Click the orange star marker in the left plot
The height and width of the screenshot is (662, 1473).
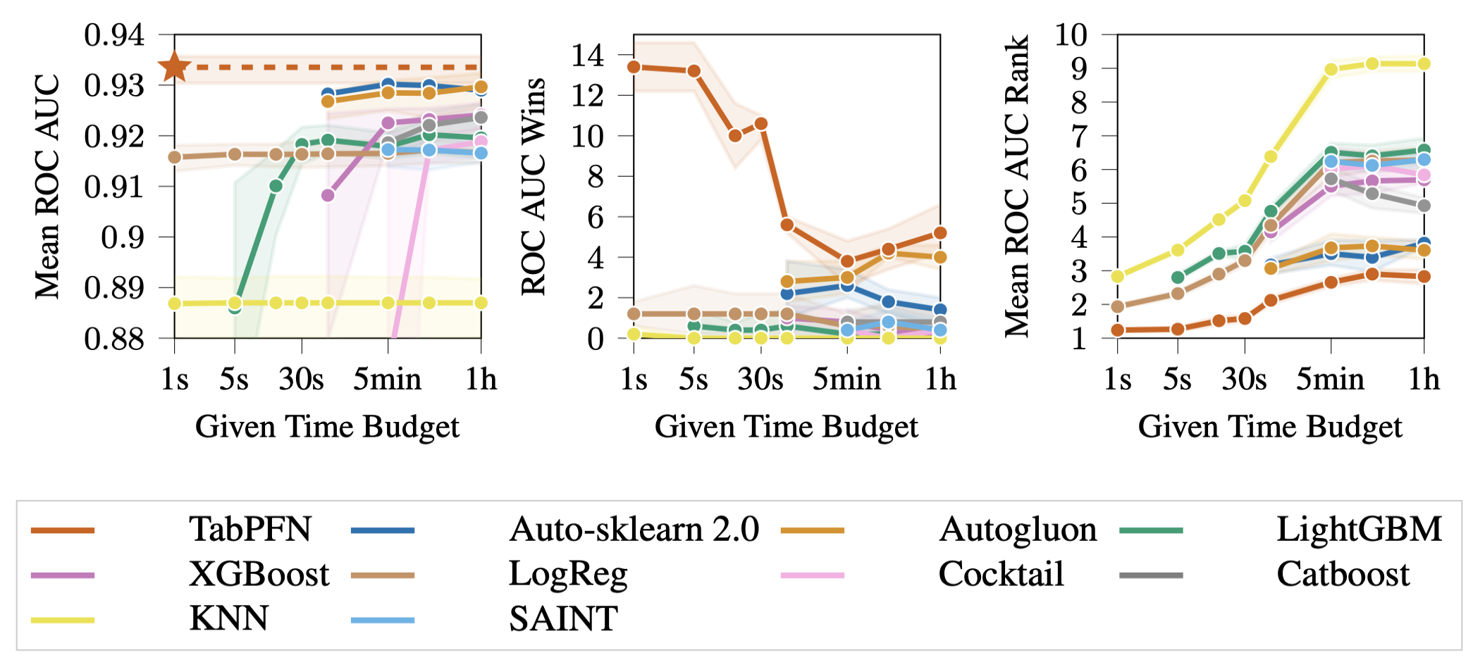[175, 68]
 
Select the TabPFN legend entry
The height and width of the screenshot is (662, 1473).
[249, 530]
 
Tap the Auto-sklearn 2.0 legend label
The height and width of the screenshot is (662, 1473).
[634, 530]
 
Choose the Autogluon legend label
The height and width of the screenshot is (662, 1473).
[1018, 530]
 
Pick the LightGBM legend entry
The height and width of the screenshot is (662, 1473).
[1359, 530]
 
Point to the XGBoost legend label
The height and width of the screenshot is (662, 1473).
[259, 575]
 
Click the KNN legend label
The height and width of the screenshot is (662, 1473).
[228, 619]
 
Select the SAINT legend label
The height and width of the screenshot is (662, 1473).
[563, 619]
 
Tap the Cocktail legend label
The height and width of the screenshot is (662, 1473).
[1001, 575]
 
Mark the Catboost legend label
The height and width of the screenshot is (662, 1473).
[1343, 575]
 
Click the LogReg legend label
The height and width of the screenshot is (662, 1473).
[568, 575]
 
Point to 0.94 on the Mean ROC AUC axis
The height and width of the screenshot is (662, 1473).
[114, 35]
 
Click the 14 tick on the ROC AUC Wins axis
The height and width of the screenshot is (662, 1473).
[588, 55]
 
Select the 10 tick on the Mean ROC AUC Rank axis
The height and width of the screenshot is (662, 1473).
[1071, 35]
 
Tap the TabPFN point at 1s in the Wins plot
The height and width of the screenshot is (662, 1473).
[634, 67]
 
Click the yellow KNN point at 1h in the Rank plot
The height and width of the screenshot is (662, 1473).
[1424, 64]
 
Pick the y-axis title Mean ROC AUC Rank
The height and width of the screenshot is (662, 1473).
[1017, 186]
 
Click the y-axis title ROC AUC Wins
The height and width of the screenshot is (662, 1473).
[534, 186]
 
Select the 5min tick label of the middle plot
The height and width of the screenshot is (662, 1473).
[846, 380]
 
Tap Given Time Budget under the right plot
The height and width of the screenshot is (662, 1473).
[1270, 427]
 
